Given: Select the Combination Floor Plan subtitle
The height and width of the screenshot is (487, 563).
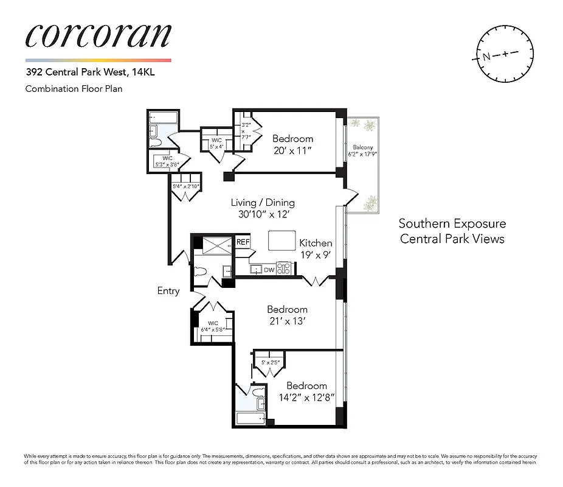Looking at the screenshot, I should coord(74,89).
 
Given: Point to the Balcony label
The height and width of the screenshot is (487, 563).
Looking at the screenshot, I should coord(361,147).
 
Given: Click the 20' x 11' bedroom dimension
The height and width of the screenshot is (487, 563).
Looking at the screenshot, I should coord(292,150).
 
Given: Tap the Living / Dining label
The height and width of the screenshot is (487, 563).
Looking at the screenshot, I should coord(263,203).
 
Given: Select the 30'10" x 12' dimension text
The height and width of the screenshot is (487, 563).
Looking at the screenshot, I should coord(263,214).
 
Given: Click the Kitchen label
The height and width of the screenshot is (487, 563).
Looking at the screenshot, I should coord(316,243).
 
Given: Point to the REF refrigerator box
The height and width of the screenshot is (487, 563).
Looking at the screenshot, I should coord(243,242).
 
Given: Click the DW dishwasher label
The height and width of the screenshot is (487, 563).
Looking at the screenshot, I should coord(269,270).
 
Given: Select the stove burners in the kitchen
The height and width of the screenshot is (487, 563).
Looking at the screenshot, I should coord(284,268).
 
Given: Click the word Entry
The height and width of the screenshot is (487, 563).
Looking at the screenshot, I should coord(168,291).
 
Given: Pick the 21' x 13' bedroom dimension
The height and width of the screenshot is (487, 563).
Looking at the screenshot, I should coord(287,321).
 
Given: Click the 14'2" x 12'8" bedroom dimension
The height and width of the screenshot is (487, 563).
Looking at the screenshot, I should coord(306,398).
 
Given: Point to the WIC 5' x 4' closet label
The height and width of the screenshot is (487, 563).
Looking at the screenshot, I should coord(217,144).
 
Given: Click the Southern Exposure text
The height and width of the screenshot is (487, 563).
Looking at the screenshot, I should coord(452,224).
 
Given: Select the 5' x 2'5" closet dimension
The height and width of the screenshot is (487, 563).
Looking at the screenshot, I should coord(269,363).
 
